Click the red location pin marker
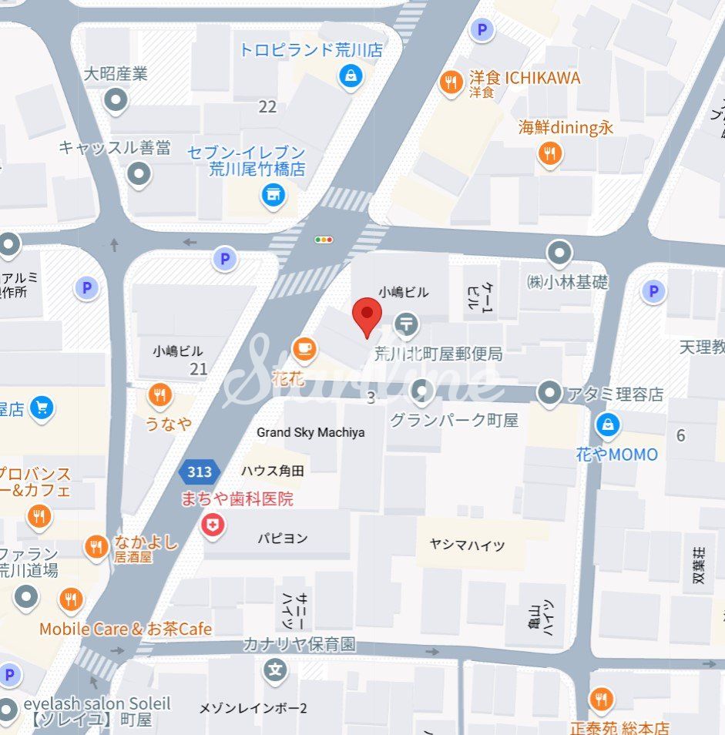[367, 317]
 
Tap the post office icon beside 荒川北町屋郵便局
[406, 326]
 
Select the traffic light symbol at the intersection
[324, 240]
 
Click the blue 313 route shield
[200, 472]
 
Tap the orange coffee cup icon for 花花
[304, 349]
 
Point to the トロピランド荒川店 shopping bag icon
[351, 76]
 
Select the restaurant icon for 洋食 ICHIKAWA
[451, 82]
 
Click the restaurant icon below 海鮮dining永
[549, 155]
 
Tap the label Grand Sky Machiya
[310, 432]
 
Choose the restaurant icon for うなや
[159, 396]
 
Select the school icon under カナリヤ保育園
[275, 670]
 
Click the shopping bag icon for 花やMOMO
[608, 424]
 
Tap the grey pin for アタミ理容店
[549, 393]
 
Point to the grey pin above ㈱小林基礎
[559, 252]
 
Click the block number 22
[267, 107]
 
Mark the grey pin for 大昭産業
[116, 99]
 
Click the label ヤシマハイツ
[467, 545]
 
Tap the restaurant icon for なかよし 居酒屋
[96, 547]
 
